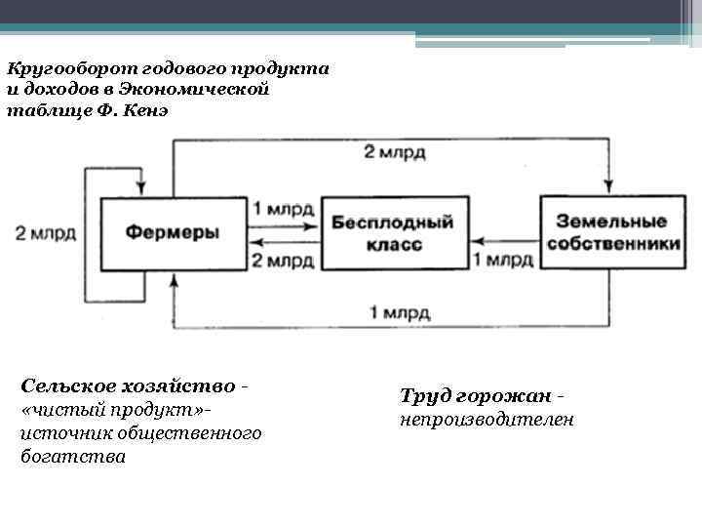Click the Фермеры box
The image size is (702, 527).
(172, 232)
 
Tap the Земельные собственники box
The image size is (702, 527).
(612, 232)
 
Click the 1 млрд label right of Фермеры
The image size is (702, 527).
(282, 209)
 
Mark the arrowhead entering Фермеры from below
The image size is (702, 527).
(174, 279)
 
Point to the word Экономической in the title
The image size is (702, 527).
(211, 89)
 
